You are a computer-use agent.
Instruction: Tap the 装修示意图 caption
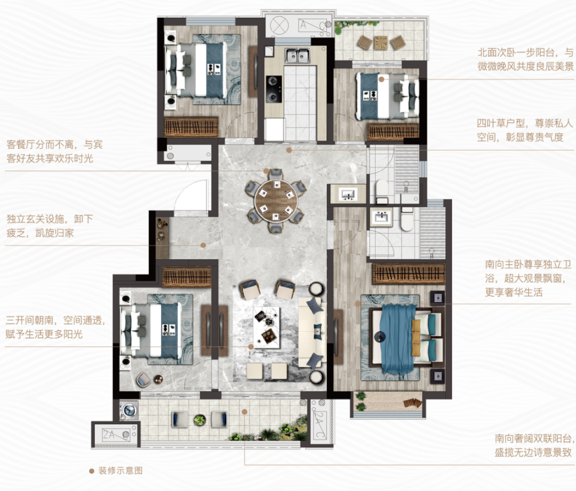click(121, 471)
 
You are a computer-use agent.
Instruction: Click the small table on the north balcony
click(381, 42)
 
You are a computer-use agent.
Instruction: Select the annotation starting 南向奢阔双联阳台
click(533, 446)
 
